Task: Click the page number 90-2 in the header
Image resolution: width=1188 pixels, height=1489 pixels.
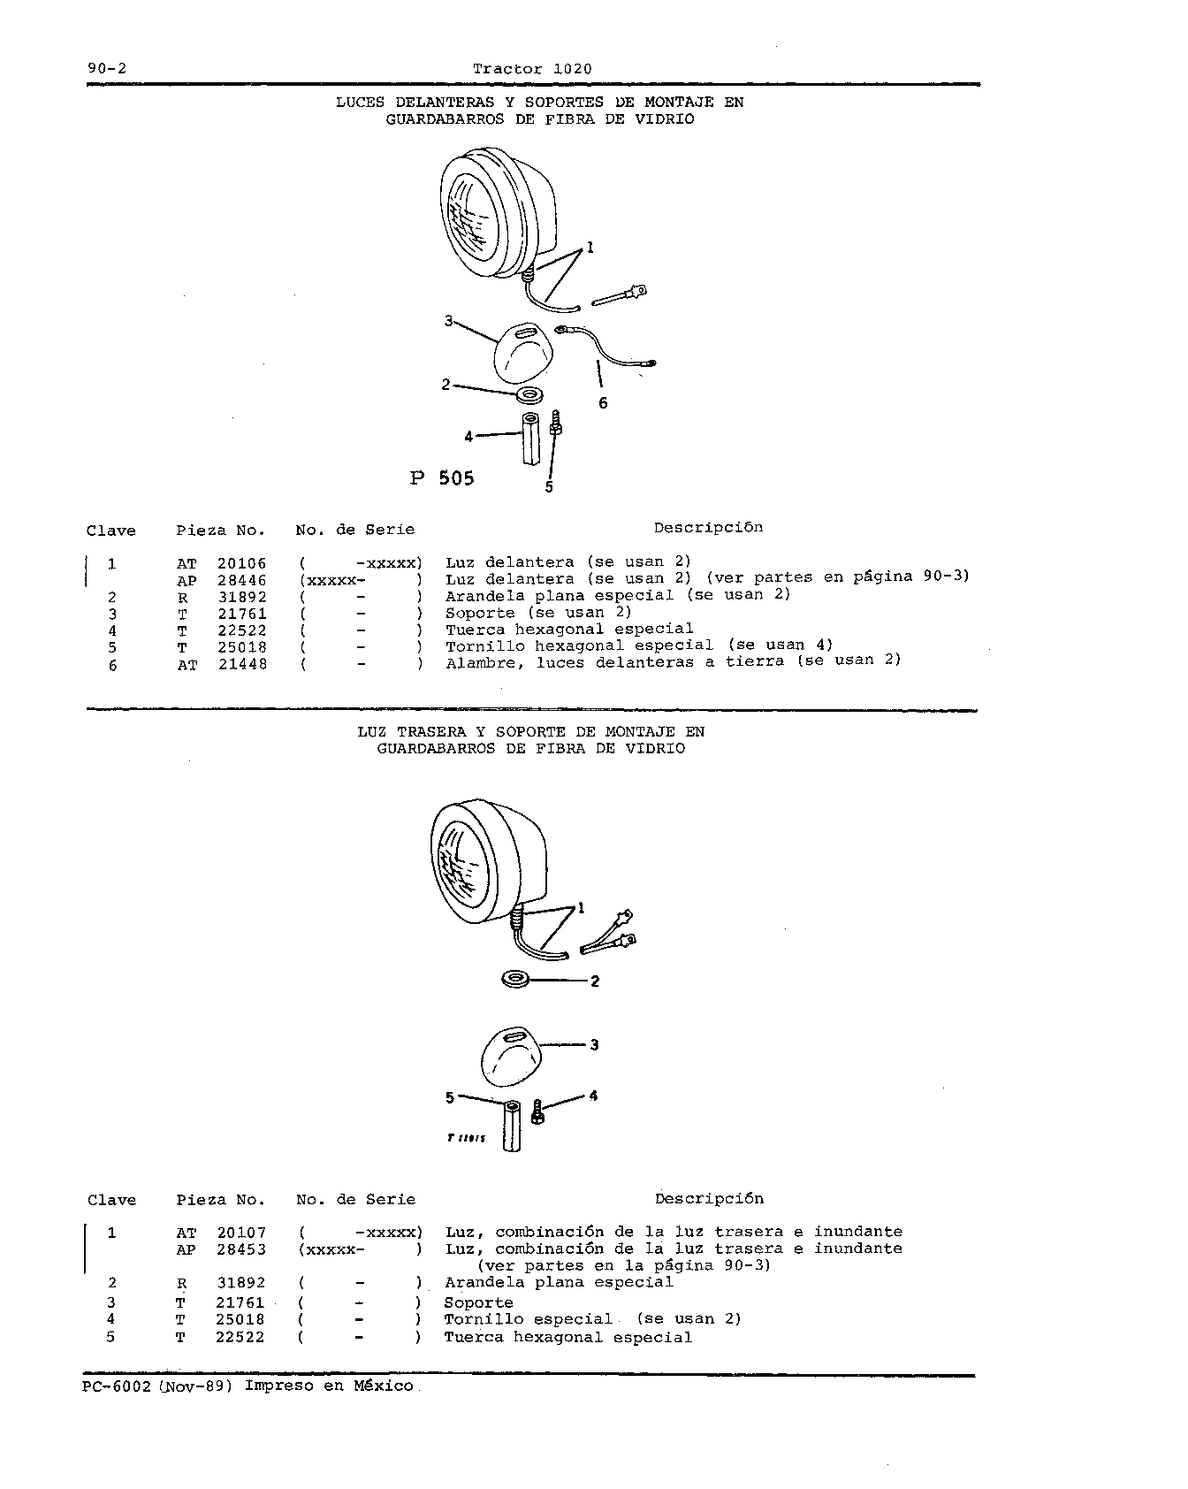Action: [104, 69]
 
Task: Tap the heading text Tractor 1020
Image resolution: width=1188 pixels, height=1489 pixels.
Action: [532, 69]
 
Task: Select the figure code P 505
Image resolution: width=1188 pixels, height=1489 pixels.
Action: [442, 478]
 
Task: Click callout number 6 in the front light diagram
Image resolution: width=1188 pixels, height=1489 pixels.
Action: [603, 403]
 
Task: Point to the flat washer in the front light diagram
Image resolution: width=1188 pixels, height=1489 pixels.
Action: [529, 392]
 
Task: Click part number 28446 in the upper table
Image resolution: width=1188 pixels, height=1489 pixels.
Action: [242, 580]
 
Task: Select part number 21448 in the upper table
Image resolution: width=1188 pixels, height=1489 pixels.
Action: [242, 664]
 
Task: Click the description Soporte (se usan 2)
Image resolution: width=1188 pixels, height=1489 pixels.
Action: [538, 613]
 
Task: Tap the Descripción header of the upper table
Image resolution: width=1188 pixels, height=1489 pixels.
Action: [708, 528]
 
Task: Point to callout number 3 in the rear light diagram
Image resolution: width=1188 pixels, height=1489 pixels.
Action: [594, 1045]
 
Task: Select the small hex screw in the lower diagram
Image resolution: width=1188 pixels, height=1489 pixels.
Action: [538, 1111]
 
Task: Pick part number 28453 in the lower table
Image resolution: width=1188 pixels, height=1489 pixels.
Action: [241, 1249]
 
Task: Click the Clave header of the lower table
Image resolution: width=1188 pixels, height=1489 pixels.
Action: [112, 1200]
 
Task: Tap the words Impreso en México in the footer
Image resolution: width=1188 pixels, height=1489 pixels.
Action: [329, 1386]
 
